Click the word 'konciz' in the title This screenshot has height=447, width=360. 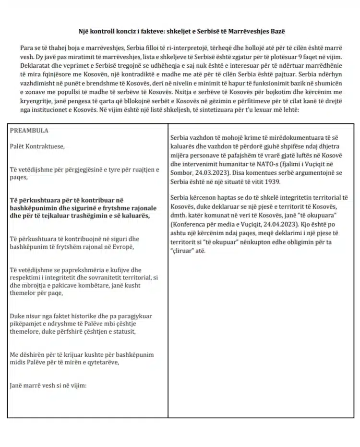122,31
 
